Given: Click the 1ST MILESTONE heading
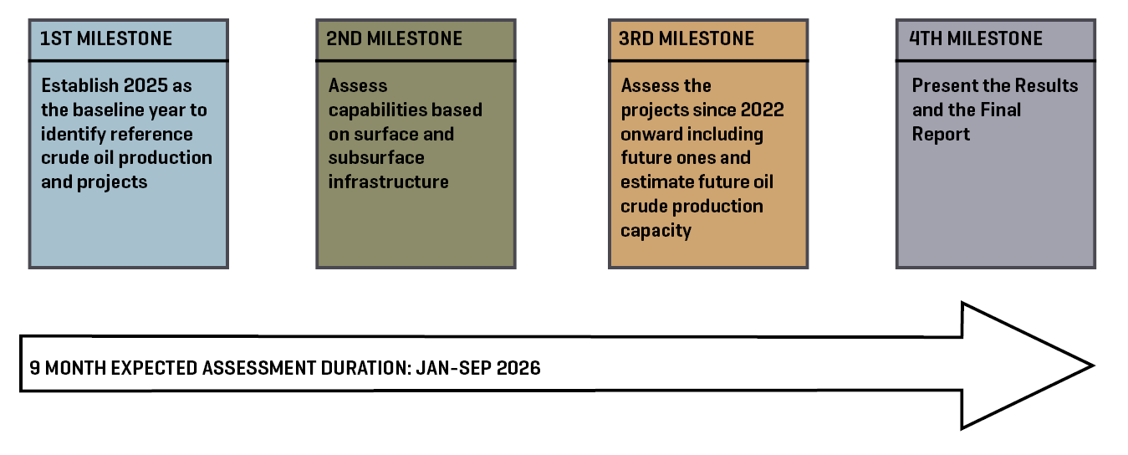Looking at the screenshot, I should click(x=106, y=38).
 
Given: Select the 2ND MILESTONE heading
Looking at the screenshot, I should click(x=394, y=38).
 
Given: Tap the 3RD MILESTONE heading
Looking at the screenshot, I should click(x=686, y=38).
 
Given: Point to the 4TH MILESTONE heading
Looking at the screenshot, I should click(x=975, y=38).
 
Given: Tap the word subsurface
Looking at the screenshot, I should click(x=376, y=157).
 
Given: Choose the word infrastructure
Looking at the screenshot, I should click(x=388, y=181).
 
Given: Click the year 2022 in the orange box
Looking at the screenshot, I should click(x=760, y=110).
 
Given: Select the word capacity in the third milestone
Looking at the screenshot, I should click(x=656, y=230).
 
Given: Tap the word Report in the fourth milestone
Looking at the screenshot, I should click(x=941, y=134).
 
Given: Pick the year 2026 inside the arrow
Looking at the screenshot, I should click(x=518, y=367).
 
